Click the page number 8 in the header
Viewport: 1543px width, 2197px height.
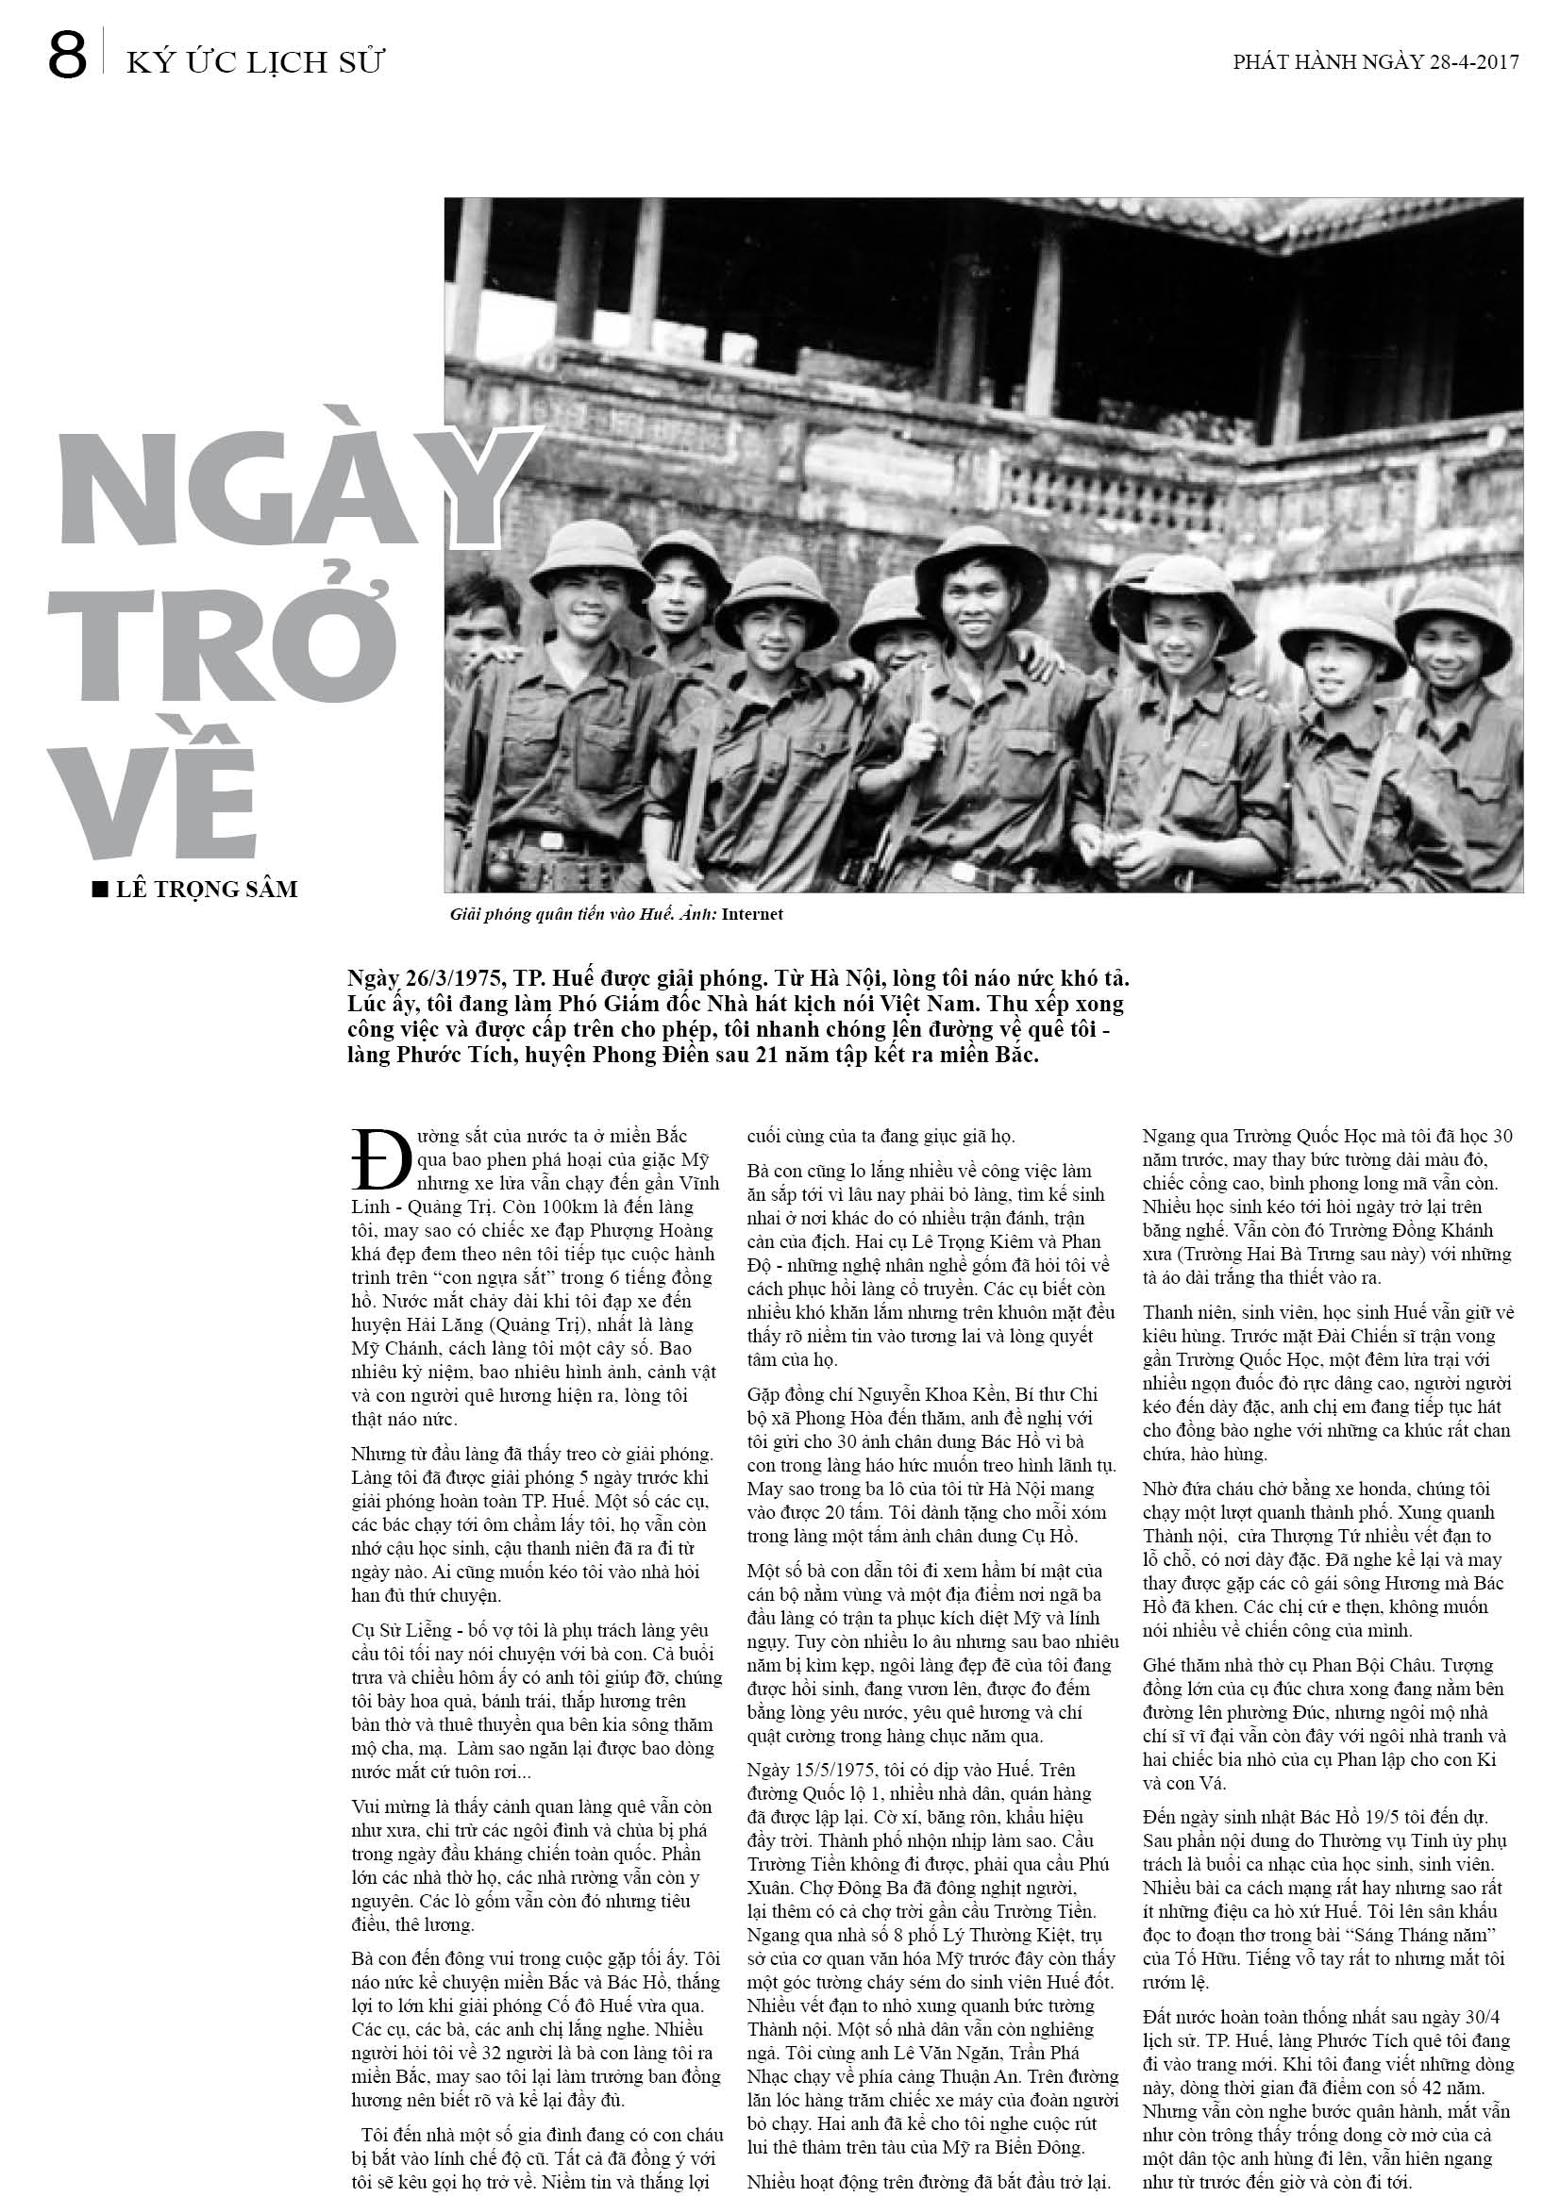click(67, 57)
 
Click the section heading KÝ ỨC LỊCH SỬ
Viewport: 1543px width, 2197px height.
click(255, 62)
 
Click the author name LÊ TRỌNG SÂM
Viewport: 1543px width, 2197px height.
click(207, 889)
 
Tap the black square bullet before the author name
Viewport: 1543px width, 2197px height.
click(99, 889)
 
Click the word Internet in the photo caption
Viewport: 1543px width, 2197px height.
click(752, 914)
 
